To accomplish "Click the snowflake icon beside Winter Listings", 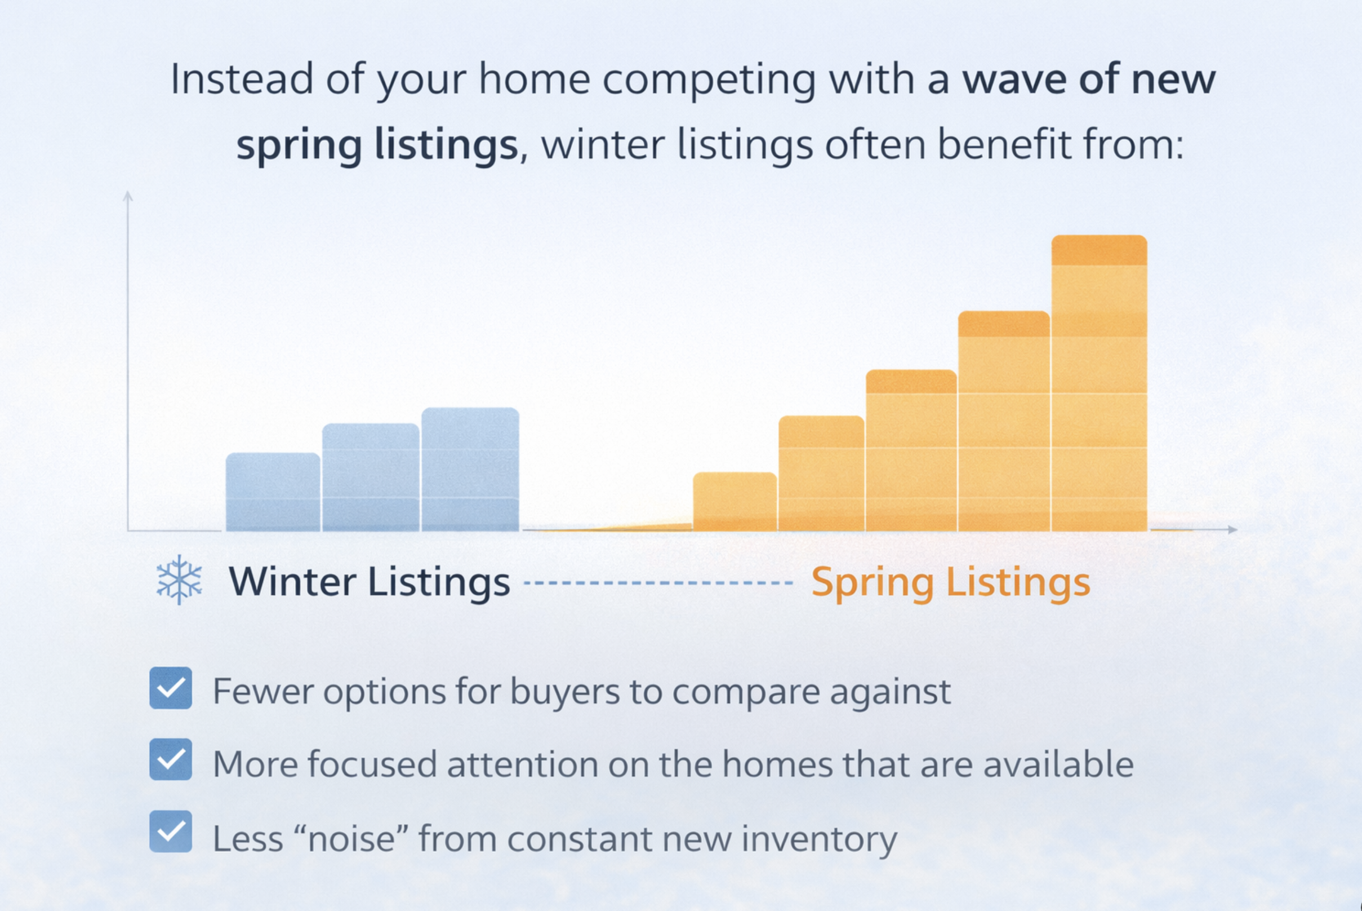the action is coord(179,580).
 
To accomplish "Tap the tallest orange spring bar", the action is coord(1099,383).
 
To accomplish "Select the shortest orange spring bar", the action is coord(735,501).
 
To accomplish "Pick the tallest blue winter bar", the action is coord(470,470).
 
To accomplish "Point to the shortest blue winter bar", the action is coord(273,492).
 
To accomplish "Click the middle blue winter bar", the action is coord(371,477).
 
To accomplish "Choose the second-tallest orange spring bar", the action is coord(1004,421).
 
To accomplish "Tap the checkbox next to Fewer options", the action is coord(171,688).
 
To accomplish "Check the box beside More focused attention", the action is coord(171,759).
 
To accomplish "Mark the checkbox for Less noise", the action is coord(171,832).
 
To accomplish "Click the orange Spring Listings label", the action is coord(950,582).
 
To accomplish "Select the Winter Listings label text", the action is coord(370,582).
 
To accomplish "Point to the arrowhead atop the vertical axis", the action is coord(128,196).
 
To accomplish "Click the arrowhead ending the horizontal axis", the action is coord(1232,529).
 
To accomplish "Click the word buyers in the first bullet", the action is coord(565,692).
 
